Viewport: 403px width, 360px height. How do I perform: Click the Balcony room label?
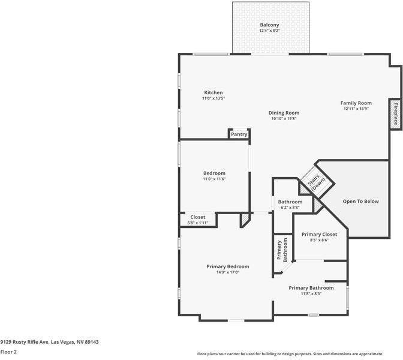pyautogui.click(x=269, y=25)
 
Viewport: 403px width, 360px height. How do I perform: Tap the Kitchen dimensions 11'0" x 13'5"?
pyautogui.click(x=213, y=98)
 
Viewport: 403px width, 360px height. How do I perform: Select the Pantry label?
pyautogui.click(x=239, y=134)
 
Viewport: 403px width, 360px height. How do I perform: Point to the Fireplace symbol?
pyautogui.click(x=396, y=114)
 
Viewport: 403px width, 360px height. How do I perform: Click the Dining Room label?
pyautogui.click(x=284, y=113)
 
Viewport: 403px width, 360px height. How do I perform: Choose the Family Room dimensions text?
pyautogui.click(x=356, y=109)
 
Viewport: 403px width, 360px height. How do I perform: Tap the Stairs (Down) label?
pyautogui.click(x=316, y=182)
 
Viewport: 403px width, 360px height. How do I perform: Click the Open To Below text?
pyautogui.click(x=360, y=202)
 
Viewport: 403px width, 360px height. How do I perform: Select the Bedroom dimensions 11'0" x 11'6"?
pyautogui.click(x=214, y=179)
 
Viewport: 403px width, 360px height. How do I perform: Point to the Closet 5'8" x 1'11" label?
pyautogui.click(x=198, y=220)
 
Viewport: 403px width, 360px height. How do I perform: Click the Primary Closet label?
pyautogui.click(x=319, y=235)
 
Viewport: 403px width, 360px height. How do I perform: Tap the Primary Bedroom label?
pyautogui.click(x=228, y=266)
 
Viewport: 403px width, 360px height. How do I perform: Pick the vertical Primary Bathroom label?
pyautogui.click(x=282, y=250)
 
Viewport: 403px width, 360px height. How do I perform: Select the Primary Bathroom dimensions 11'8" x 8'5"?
pyautogui.click(x=311, y=293)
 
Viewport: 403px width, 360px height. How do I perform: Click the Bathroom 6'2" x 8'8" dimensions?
pyautogui.click(x=290, y=208)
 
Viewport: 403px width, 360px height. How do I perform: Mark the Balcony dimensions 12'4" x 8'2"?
pyautogui.click(x=269, y=31)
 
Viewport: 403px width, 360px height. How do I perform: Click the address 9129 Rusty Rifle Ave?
pyautogui.click(x=25, y=342)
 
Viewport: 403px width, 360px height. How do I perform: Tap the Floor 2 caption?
pyautogui.click(x=8, y=352)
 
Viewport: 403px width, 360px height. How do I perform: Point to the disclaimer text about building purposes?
pyautogui.click(x=290, y=354)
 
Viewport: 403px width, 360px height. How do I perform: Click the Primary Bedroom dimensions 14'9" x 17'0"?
pyautogui.click(x=228, y=272)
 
